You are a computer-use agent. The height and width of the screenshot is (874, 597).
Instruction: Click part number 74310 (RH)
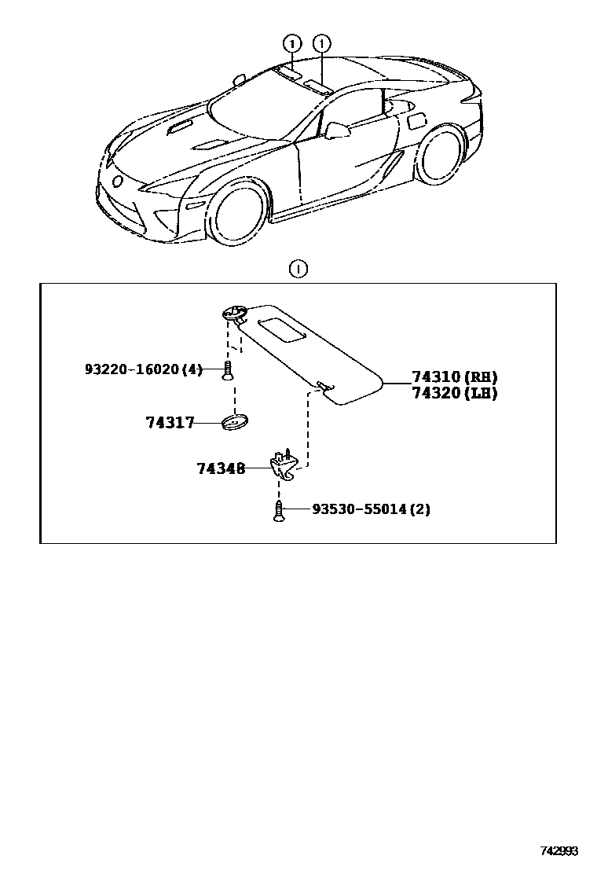coord(454,377)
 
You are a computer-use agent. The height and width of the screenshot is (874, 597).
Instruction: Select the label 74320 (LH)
coord(454,393)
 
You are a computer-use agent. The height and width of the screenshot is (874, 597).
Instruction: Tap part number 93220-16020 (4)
coord(143,369)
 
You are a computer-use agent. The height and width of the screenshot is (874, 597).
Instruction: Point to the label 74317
coord(169,423)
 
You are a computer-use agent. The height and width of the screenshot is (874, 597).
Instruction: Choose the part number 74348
coord(221,468)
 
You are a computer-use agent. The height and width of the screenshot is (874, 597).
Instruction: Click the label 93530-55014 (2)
coord(371,509)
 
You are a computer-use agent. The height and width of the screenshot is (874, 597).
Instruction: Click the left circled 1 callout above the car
coord(291,43)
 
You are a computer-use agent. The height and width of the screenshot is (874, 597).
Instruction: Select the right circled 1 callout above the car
coord(321,43)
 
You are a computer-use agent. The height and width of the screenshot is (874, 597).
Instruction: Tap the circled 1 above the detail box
coord(298,270)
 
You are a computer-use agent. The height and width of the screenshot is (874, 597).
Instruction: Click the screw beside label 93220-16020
coord(227,369)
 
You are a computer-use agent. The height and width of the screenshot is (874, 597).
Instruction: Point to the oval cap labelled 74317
coord(234,423)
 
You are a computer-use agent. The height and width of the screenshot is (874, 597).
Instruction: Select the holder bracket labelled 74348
coord(284,467)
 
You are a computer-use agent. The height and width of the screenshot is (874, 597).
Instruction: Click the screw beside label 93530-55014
coord(278,510)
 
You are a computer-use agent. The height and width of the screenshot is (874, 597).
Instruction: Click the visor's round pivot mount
coord(233,314)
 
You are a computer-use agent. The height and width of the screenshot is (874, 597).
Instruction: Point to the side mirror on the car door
coord(337,129)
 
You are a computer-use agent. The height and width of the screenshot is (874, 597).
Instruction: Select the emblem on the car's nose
coord(118,182)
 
